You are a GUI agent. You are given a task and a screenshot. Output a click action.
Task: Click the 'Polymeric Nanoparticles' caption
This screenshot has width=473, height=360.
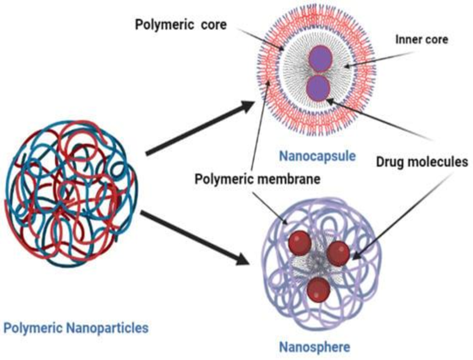click(x=76, y=327)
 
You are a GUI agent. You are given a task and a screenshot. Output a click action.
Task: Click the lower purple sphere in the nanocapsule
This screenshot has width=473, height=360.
click(x=318, y=88)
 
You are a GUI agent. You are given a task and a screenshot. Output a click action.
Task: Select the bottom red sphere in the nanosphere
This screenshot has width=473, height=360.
click(x=318, y=289)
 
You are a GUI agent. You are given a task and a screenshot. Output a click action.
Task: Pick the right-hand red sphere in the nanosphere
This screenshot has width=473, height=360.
click(x=338, y=254)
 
